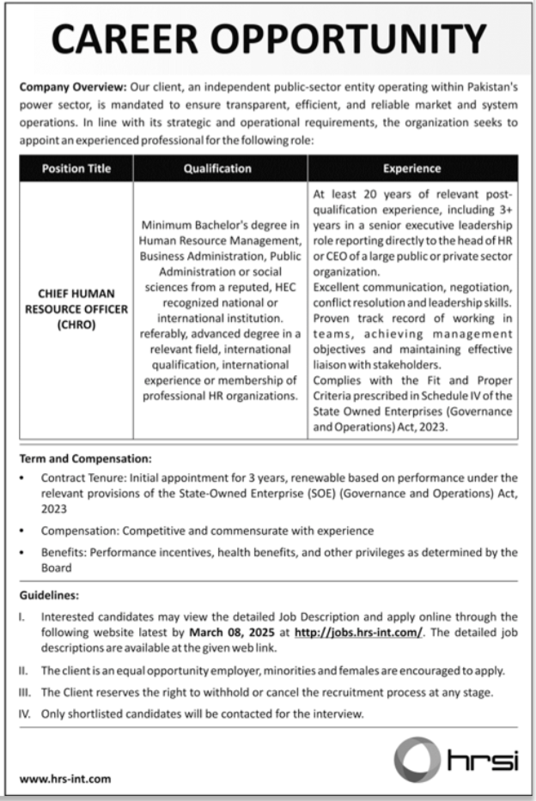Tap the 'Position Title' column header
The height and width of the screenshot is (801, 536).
[76, 168]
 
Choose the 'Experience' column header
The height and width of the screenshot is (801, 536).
[412, 168]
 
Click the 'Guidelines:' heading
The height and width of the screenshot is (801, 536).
[49, 593]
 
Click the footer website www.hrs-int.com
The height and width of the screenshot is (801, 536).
[64, 780]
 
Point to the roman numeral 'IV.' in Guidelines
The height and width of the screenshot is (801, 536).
[25, 713]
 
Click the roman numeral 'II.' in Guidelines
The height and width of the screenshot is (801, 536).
[24, 671]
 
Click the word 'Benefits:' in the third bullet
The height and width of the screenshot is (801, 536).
[64, 552]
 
